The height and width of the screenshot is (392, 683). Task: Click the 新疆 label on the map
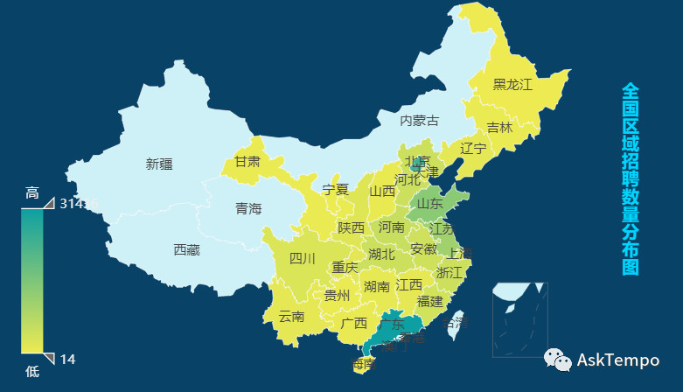[x=159, y=164]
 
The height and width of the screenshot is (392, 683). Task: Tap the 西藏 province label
[x=186, y=250]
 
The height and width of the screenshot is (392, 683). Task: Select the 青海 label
[x=248, y=209]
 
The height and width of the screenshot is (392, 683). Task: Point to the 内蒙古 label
[x=419, y=120]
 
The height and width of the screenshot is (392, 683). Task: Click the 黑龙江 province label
[x=512, y=84]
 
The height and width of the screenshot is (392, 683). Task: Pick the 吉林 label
[x=499, y=127]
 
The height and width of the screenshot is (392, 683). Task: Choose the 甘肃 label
[x=247, y=162]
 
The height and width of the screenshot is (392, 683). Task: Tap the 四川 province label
[x=302, y=258]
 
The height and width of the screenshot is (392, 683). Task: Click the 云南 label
[x=291, y=317]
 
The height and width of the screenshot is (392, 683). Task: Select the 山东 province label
[x=429, y=203]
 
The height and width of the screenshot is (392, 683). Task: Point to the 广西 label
[x=354, y=323]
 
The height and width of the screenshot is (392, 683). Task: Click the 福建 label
[x=429, y=301]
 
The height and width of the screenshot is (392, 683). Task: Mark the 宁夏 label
[x=335, y=190]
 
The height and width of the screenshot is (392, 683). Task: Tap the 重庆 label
[x=345, y=268]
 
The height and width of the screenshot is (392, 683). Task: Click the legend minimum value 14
[x=67, y=359]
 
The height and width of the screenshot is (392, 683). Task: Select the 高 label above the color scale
[x=32, y=193]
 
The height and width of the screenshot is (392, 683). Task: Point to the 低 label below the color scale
[x=32, y=371]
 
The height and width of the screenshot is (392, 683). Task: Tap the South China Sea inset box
[x=519, y=319]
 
